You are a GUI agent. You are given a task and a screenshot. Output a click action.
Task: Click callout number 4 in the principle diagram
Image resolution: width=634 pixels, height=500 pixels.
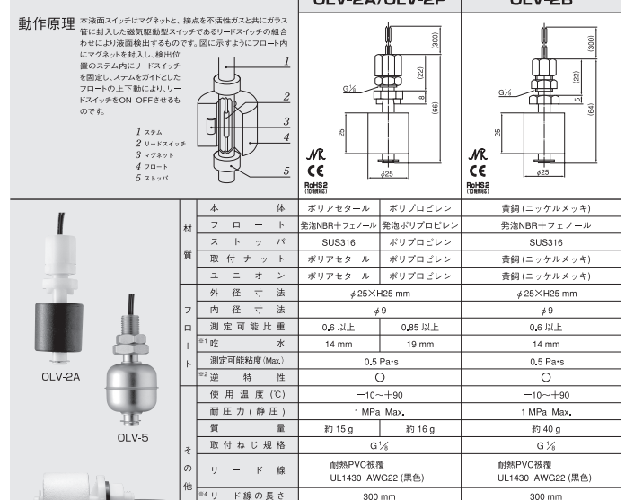coord(285,137)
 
